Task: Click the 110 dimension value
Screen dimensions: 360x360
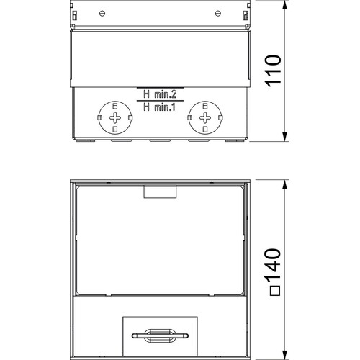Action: (272, 71)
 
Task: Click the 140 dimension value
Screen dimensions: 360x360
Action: (272, 264)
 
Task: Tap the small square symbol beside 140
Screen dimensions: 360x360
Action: (275, 291)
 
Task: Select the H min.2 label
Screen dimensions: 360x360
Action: (160, 94)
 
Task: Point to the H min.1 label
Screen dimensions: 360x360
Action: (160, 107)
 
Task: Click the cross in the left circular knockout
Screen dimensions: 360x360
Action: (115, 117)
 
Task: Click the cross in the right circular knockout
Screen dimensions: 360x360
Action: (205, 117)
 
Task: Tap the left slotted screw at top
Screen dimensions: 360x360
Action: (102, 14)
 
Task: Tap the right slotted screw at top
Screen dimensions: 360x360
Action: (218, 14)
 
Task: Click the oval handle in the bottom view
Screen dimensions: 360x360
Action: (160, 336)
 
